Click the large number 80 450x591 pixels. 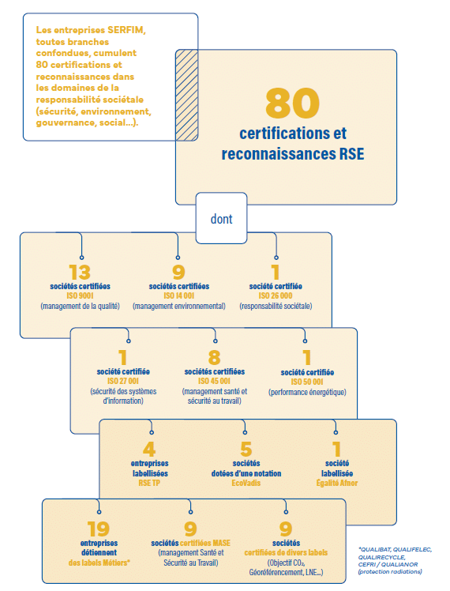pyautogui.click(x=293, y=103)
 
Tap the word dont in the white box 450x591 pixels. pyautogui.click(x=221, y=219)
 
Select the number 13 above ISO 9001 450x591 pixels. pyautogui.click(x=80, y=272)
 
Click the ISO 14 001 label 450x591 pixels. pyautogui.click(x=179, y=295)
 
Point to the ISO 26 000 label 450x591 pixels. pyautogui.click(x=276, y=295)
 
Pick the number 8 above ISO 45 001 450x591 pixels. pyautogui.click(x=214, y=357)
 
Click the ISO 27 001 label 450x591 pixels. pyautogui.click(x=123, y=381)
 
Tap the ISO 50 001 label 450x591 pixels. pyautogui.click(x=307, y=382)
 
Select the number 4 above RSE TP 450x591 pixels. pyautogui.click(x=149, y=449)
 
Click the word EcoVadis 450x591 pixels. pyautogui.click(x=246, y=484)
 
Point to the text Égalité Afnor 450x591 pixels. pyautogui.click(x=337, y=484)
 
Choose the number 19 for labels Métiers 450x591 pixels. pyautogui.click(x=98, y=529)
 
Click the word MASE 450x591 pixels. pyautogui.click(x=221, y=543)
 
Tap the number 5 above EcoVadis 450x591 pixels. pyautogui.click(x=246, y=449)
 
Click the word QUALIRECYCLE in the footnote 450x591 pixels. pyautogui.click(x=381, y=557)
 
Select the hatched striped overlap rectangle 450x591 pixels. pyautogui.click(x=187, y=95)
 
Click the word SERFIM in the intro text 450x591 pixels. pyautogui.click(x=126, y=30)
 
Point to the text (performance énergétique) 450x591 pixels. pyautogui.click(x=307, y=392)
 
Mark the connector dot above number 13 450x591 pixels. pyautogui.click(x=82, y=258)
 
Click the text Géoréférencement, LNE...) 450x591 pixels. pyautogui.click(x=286, y=573)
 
